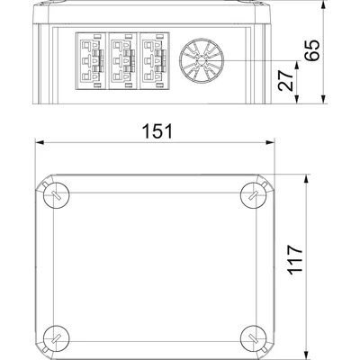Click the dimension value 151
click(157, 131)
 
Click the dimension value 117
click(295, 259)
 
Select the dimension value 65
click(311, 49)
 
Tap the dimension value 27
click(285, 80)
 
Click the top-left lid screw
click(57, 195)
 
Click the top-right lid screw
click(254, 195)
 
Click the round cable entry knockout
click(202, 61)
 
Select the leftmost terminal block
click(91, 61)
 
